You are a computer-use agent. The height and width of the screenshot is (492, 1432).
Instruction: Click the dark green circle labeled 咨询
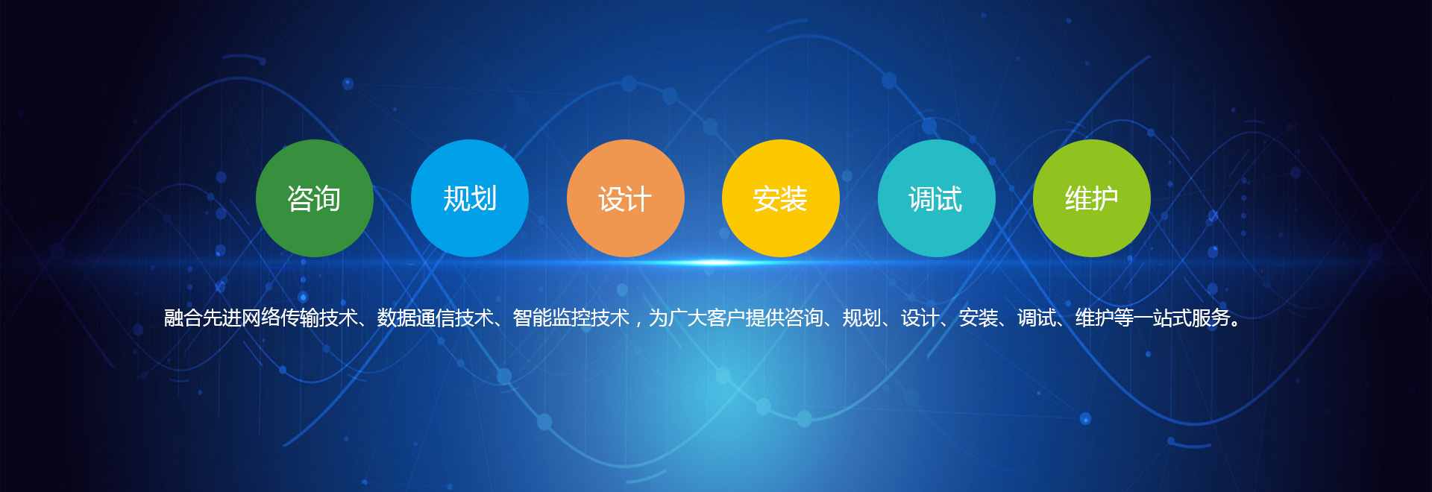315,198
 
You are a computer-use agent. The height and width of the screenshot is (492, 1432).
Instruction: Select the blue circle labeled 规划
470,198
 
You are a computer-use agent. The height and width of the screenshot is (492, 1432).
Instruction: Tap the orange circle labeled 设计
626,198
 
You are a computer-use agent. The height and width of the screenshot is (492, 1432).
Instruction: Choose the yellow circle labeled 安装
781,198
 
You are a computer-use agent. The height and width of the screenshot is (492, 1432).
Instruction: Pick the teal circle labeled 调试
937,198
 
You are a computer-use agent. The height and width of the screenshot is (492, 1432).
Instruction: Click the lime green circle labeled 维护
1092,198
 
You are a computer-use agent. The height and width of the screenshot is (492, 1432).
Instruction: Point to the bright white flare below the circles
715,262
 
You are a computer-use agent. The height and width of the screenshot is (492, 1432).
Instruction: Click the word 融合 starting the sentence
183,318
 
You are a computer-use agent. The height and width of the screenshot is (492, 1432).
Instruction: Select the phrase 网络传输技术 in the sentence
299,318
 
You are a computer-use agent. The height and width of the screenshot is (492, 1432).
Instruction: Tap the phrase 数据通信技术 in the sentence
435,318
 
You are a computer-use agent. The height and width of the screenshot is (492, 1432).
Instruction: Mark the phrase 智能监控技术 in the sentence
571,318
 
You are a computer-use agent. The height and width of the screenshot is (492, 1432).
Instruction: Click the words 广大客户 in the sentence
706,318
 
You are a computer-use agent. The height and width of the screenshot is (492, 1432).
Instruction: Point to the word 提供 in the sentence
764,318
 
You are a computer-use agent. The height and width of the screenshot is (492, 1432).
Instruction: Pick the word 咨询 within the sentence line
803,318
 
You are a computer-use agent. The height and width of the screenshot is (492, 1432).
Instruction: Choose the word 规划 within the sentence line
861,318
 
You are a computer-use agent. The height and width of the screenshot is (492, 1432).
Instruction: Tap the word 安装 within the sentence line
978,318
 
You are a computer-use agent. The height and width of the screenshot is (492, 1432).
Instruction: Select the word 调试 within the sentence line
1036,318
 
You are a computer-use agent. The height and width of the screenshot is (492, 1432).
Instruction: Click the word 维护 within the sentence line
1094,318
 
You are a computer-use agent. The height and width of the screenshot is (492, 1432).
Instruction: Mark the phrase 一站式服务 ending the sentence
1181,318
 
